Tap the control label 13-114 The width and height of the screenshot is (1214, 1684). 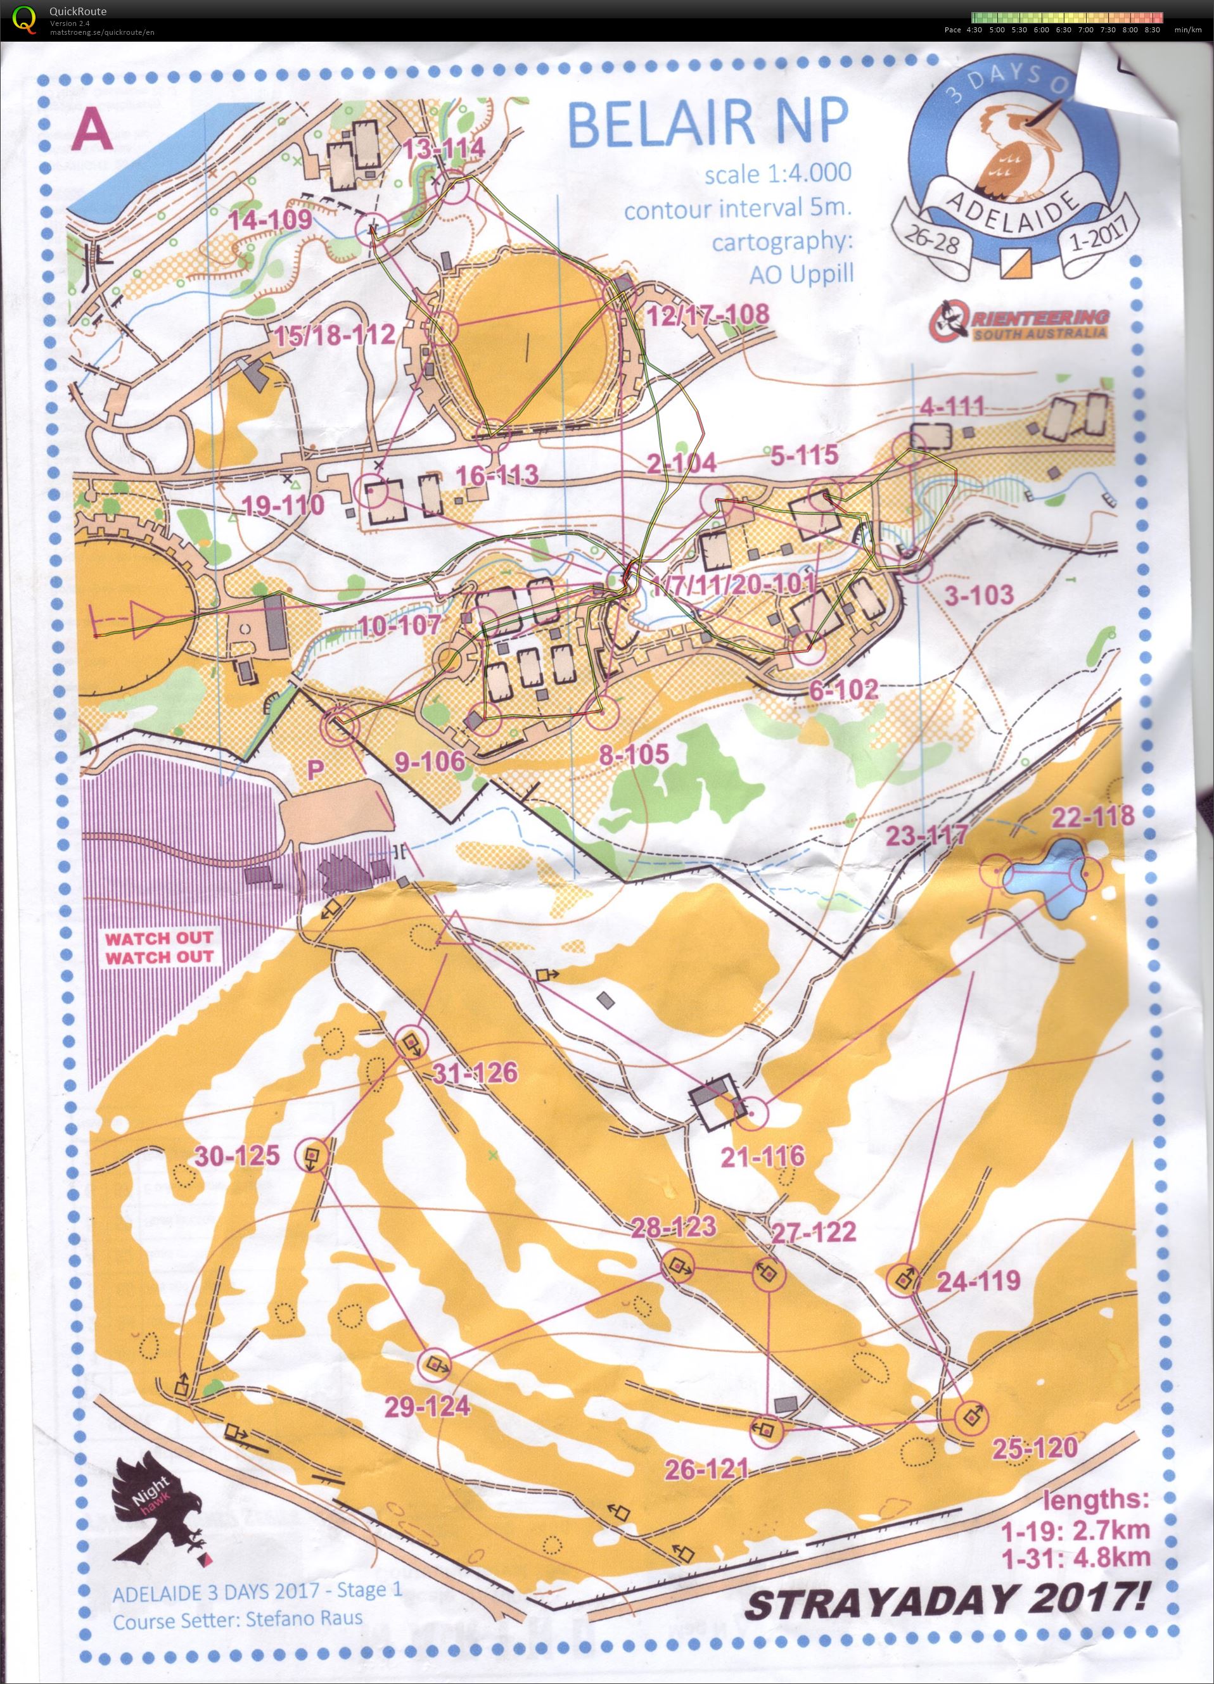[x=445, y=148]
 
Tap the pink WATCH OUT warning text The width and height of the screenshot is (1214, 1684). [x=158, y=947]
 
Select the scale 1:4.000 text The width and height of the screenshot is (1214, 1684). [x=777, y=174]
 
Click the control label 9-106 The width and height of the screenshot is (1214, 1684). [x=430, y=761]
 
